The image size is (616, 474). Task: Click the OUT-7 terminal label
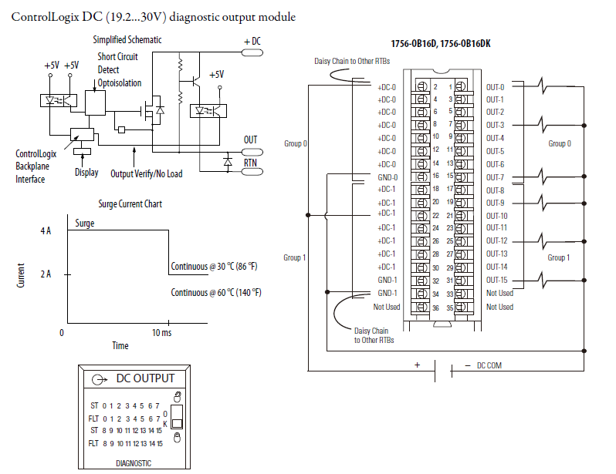click(495, 178)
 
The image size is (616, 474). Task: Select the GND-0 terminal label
click(387, 176)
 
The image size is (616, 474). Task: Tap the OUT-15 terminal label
click(496, 280)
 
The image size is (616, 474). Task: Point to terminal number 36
click(435, 308)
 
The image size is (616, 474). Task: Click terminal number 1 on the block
click(448, 87)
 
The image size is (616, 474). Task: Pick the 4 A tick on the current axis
click(47, 231)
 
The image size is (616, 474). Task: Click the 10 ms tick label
click(161, 332)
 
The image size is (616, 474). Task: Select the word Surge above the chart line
click(85, 224)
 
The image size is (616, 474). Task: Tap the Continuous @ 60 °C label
click(215, 292)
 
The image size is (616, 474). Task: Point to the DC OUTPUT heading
click(145, 378)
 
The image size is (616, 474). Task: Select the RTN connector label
click(251, 163)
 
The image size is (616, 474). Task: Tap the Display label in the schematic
click(86, 173)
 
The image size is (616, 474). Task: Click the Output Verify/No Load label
click(147, 173)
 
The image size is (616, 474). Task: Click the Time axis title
click(120, 345)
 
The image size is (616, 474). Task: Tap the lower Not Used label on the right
click(499, 307)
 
